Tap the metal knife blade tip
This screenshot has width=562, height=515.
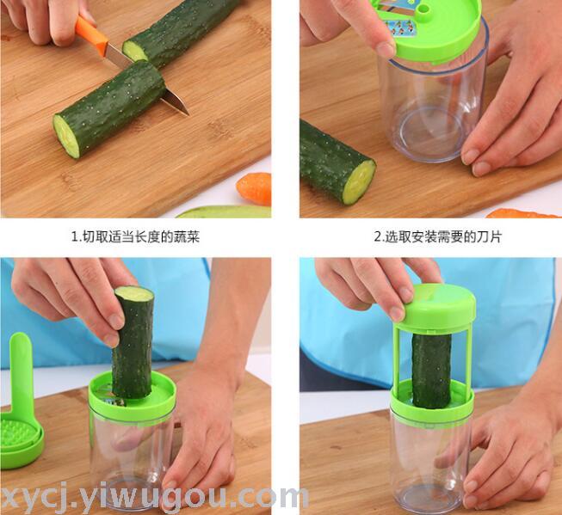[188, 114]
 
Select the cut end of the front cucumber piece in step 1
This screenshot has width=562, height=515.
[66, 137]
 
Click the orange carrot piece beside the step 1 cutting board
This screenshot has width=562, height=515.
[254, 188]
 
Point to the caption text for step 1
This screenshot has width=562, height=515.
[135, 237]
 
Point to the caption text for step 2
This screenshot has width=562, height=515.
[437, 237]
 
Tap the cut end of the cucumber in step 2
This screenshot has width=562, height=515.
[359, 182]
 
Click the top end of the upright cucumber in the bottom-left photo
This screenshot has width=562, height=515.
[134, 294]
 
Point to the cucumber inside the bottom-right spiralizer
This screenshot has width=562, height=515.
[431, 371]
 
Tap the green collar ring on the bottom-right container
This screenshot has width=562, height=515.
[432, 402]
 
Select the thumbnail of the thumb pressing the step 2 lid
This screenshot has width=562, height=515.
[386, 50]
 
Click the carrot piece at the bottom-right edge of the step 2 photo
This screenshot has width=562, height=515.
[523, 214]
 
